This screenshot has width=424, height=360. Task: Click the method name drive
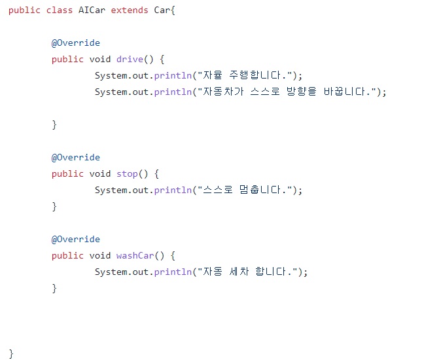click(x=130, y=59)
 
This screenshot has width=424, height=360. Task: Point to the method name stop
click(x=127, y=173)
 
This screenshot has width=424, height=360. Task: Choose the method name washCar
click(x=135, y=255)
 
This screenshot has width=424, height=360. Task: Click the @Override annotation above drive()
click(x=76, y=43)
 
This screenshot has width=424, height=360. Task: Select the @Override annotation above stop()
click(x=76, y=157)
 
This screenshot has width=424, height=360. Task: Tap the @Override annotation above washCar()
click(x=76, y=239)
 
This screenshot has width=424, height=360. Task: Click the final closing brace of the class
click(x=11, y=353)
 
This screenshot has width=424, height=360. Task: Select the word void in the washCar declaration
click(x=100, y=255)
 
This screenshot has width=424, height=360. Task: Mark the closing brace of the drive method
click(x=54, y=124)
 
